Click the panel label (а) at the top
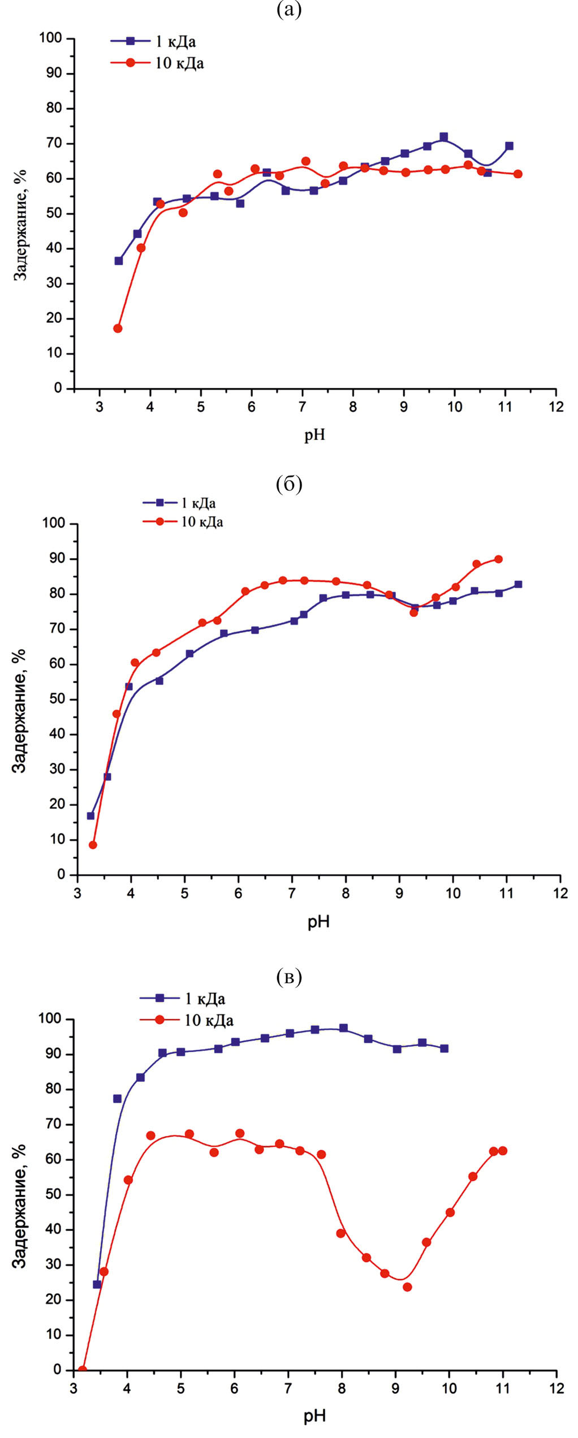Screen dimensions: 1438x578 [x=289, y=10]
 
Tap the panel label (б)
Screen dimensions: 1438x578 [x=289, y=484]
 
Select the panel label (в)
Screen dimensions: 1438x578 [x=289, y=977]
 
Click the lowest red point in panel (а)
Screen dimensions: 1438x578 [x=118, y=329]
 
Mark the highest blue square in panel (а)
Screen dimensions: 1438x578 [x=443, y=137]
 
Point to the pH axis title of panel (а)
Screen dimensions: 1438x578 [x=314, y=435]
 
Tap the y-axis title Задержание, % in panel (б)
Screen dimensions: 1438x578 [x=20, y=711]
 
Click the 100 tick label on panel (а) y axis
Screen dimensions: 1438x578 [x=50, y=38]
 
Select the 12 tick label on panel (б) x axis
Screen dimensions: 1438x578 [x=560, y=893]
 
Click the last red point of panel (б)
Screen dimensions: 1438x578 [x=498, y=559]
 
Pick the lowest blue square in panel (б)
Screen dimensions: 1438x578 [x=90, y=815]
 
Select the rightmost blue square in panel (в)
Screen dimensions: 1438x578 [x=444, y=1048]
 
